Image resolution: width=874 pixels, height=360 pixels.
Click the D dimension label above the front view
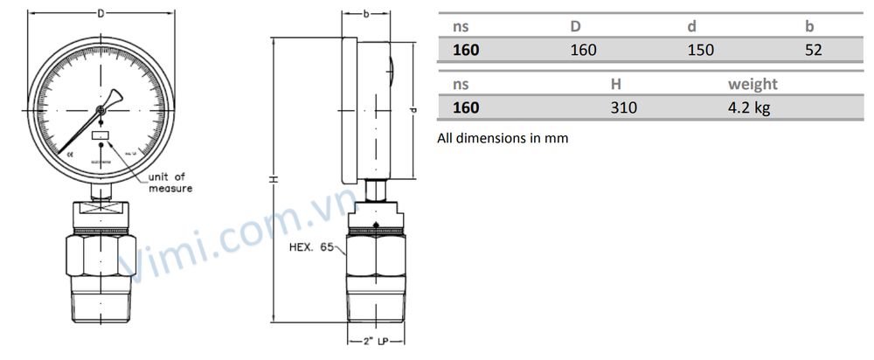click(x=101, y=14)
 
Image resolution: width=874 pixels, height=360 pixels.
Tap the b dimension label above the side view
click(x=364, y=14)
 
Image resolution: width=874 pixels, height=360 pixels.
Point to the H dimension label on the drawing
click(x=273, y=179)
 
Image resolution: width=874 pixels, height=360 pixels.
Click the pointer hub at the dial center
click(x=101, y=110)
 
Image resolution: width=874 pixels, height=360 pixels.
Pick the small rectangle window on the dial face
click(x=101, y=135)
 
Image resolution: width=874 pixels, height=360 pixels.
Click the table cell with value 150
click(x=700, y=50)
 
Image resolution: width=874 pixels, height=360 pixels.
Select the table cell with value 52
click(x=813, y=50)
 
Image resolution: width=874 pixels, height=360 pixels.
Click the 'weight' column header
click(x=753, y=84)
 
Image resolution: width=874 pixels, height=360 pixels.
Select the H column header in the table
click(x=615, y=84)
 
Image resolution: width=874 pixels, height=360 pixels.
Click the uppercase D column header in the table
click(x=575, y=27)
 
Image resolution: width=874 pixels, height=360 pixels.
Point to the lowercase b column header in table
click(x=809, y=27)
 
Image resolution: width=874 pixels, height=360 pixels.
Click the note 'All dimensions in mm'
click(x=502, y=138)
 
